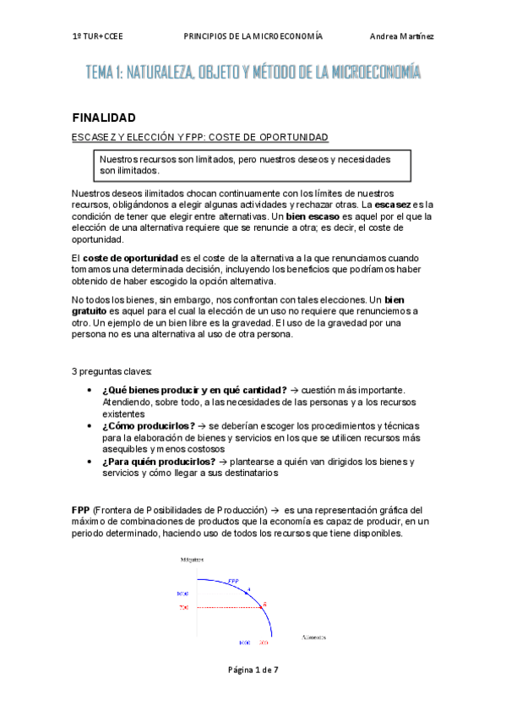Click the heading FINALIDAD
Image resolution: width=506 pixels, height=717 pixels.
pos(105,118)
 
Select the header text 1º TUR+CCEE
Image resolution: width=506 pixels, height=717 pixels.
pos(97,37)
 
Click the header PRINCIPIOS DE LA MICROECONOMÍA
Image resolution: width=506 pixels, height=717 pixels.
pos(253,37)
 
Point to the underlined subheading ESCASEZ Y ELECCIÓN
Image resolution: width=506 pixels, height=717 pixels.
pos(199,137)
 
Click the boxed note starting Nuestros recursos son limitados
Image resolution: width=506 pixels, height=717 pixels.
pos(254,165)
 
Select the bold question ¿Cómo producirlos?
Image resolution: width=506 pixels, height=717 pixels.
pos(148,425)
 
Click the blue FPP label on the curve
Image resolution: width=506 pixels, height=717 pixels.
pos(233,581)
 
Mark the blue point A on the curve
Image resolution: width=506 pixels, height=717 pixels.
pos(248,592)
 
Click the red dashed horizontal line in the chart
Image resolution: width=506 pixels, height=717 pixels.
pos(228,607)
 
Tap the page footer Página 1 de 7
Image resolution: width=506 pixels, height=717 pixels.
pos(253,669)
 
